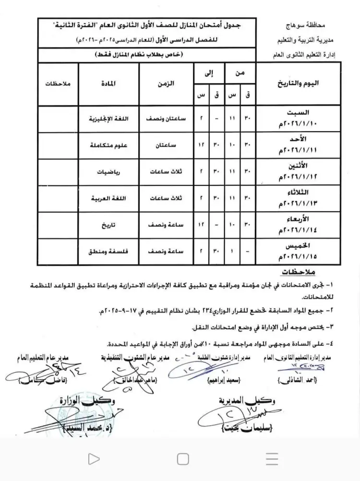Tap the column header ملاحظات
[58, 84]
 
